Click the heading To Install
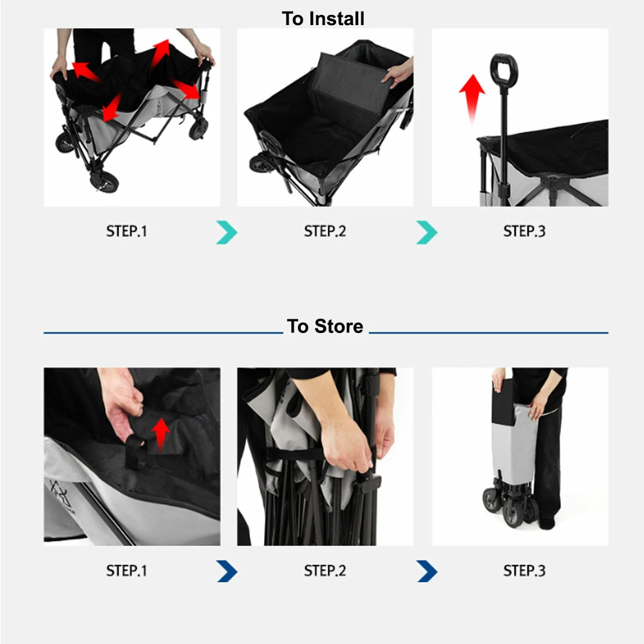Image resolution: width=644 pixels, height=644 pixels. tap(323, 19)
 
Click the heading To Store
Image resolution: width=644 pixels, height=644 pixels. tap(325, 327)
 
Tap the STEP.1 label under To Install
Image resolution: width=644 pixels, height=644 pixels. tap(126, 231)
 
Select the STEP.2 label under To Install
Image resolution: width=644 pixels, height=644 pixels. tap(325, 231)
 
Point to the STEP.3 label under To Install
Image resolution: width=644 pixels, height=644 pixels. tap(524, 231)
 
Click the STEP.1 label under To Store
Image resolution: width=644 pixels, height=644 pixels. tap(126, 571)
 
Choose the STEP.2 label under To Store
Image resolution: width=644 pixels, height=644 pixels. tap(325, 571)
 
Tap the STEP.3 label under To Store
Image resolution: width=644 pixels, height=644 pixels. tap(524, 571)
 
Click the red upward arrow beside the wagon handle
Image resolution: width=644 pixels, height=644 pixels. tap(472, 99)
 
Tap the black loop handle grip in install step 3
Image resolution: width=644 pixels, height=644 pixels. tap(504, 70)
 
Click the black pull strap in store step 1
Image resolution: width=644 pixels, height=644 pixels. tap(134, 452)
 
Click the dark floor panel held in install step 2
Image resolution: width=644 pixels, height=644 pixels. tap(350, 82)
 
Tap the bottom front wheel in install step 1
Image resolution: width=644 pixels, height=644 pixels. tap(104, 181)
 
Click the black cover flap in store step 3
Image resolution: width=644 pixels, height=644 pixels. tap(503, 402)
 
